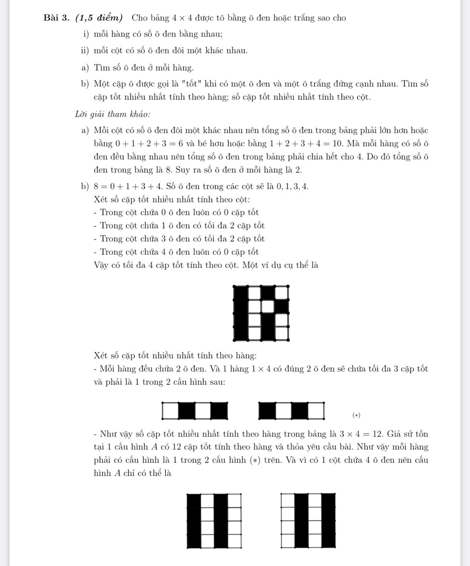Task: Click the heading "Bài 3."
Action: pos(56,18)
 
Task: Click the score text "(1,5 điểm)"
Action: pos(99,18)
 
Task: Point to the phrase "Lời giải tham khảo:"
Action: pos(113,114)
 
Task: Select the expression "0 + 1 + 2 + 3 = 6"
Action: pos(149,144)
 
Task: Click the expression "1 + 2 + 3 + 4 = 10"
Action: pos(306,144)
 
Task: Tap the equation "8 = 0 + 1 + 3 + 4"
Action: pos(128,187)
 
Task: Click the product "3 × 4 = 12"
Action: pos(361,434)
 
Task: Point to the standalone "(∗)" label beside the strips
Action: pos(356,415)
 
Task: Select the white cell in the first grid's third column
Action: pos(268,307)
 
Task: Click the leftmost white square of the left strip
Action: pos(170,411)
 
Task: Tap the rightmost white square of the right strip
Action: pos(316,411)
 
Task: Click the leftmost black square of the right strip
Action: pos(267,411)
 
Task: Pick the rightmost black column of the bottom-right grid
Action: pos(328,521)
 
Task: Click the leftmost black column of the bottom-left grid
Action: pos(194,521)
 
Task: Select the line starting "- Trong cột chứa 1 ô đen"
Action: pos(179,226)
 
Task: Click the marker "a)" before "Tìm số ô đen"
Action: pos(85,68)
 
